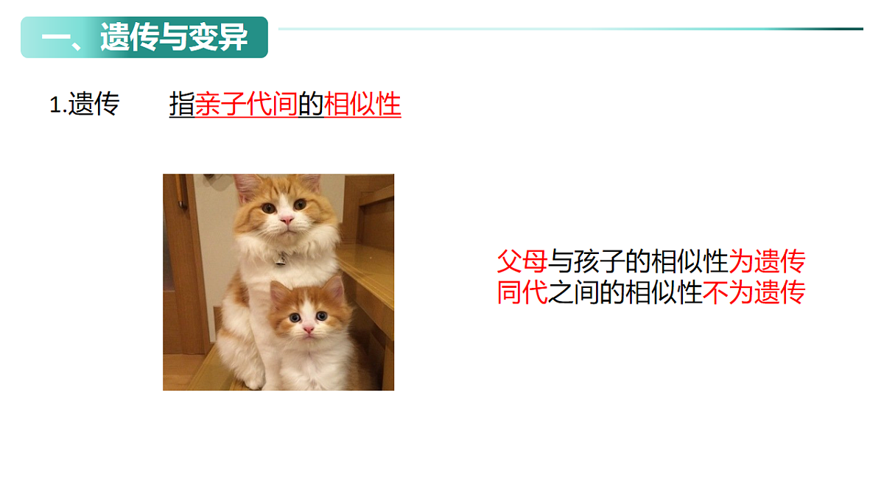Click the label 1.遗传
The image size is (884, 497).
(84, 105)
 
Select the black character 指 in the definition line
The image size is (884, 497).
(182, 105)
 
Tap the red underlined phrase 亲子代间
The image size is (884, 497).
(246, 105)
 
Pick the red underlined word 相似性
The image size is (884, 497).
(362, 105)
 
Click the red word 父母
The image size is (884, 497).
(522, 261)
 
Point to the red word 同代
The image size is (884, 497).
(522, 292)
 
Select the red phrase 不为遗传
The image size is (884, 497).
(754, 292)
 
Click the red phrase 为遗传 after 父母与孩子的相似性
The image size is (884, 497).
(767, 261)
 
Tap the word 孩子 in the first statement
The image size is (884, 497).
(600, 261)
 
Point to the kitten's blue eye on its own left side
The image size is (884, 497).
(322, 315)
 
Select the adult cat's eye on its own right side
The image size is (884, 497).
(268, 208)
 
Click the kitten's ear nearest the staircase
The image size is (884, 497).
(335, 286)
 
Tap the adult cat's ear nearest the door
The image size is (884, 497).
(246, 184)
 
